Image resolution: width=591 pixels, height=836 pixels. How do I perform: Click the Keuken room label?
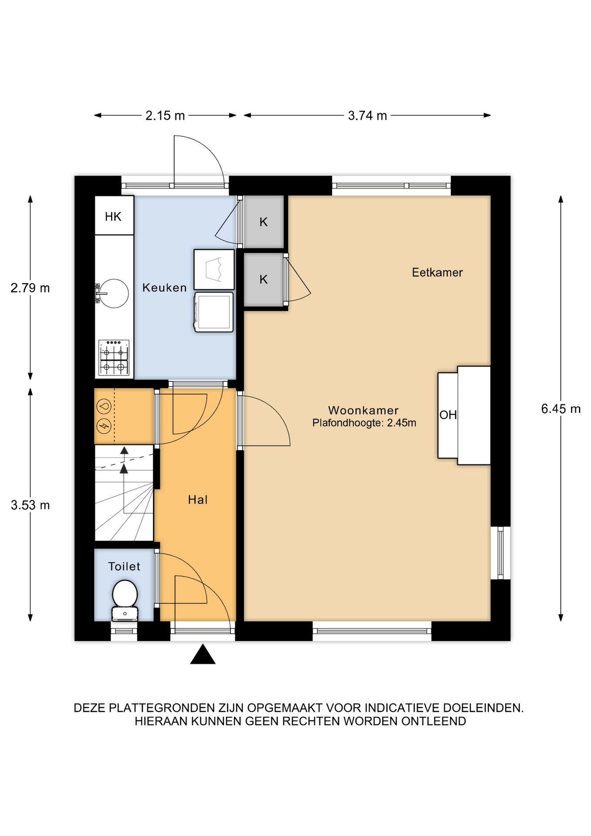coord(165,287)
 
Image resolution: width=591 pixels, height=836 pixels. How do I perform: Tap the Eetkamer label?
coord(437,273)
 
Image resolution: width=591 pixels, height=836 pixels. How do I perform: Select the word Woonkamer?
coord(363,410)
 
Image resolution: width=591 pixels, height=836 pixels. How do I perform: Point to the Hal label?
coord(198,499)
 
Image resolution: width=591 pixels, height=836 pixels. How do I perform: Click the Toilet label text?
coord(124,566)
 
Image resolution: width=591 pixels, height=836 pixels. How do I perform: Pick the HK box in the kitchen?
coord(114,216)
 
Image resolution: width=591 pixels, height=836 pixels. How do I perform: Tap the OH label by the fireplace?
coord(448,415)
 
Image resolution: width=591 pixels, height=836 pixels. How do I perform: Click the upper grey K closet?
coord(264,222)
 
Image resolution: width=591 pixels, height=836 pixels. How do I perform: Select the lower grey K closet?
coord(264,280)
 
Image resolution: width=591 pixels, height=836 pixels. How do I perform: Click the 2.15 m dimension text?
coord(165,115)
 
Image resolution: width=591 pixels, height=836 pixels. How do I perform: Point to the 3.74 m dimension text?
coord(367,115)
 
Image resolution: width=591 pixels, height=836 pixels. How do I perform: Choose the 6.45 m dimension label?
coord(561,409)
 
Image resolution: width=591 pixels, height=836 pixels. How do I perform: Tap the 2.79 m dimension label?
coord(30,288)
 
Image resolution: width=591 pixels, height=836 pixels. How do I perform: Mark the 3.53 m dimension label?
coord(30,505)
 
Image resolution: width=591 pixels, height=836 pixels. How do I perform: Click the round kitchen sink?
coord(114,293)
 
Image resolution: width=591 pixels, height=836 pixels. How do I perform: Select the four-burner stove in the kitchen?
coord(114,357)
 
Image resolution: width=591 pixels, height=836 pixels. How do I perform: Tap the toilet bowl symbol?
coord(125,600)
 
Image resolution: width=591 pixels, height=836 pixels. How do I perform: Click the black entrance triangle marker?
coord(203,654)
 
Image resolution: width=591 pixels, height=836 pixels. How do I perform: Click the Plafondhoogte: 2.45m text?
coord(364,423)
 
